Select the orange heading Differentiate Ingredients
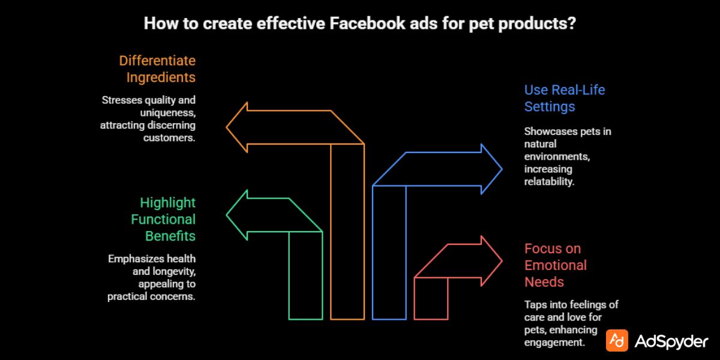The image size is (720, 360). [157, 69]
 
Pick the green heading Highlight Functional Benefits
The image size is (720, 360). [163, 219]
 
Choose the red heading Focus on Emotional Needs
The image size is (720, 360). [556, 265]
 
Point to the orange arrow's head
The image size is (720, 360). [237, 127]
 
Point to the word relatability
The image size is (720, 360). [549, 181]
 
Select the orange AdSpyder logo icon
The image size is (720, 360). [616, 340]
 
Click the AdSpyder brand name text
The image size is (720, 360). [671, 341]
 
